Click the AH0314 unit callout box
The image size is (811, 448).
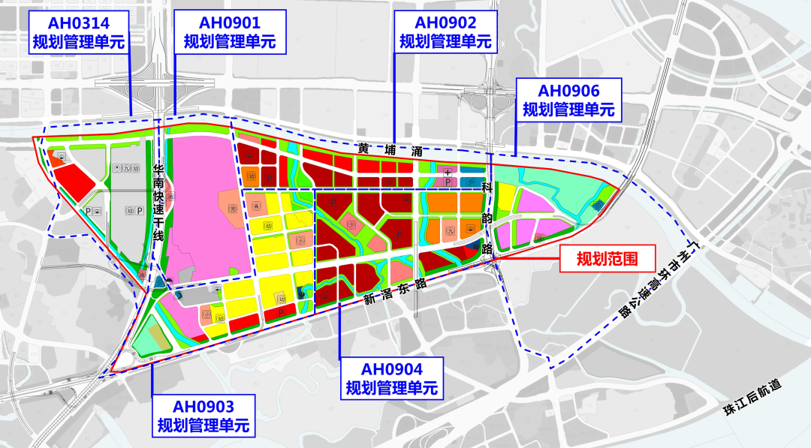click(x=79, y=32)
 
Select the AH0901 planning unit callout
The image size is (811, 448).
click(x=225, y=32)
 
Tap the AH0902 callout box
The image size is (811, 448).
click(x=445, y=32)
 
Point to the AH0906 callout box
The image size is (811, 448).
click(x=568, y=101)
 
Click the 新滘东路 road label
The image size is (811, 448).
click(x=395, y=288)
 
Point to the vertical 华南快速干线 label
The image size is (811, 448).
click(x=158, y=203)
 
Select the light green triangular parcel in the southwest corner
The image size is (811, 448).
click(x=150, y=341)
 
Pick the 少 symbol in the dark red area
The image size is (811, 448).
click(x=350, y=223)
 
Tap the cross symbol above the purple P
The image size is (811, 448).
click(x=448, y=172)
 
